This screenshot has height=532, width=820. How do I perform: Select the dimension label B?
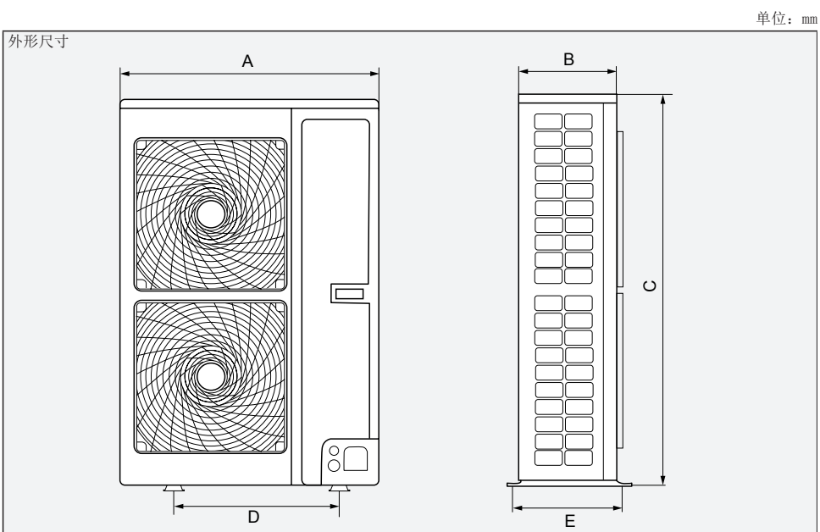568,58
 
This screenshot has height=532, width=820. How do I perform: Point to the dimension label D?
252,516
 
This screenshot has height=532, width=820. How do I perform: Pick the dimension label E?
569,520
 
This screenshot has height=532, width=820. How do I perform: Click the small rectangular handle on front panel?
348,294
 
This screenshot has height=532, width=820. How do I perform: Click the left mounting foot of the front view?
175,489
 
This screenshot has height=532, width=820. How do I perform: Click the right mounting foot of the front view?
338,489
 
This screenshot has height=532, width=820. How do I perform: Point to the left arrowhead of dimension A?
124,73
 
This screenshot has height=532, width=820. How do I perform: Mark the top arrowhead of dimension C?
663,97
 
